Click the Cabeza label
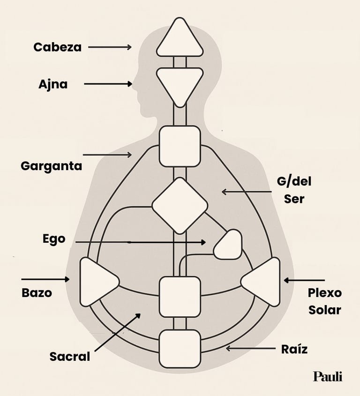coord(57,47)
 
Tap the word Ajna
coord(53,84)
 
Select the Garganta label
coord(51,166)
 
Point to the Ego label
coord(54,239)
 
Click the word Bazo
coord(37,293)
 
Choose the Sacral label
coord(70,357)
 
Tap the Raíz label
coord(294,349)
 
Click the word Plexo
coord(325,293)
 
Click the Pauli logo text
coord(328,376)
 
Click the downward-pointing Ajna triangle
coord(180,85)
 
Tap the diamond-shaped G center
coord(180,206)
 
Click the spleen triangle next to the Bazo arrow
coord(97,282)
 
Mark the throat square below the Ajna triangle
coord(180,146)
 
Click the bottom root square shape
coord(180,349)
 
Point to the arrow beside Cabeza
coord(110,47)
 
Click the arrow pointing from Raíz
coord(251,349)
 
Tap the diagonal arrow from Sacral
coord(118,332)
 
